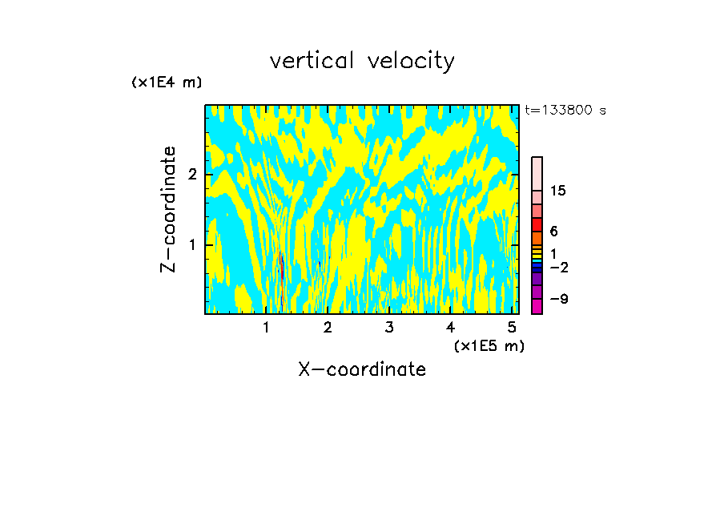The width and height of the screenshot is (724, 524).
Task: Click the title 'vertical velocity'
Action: tap(362, 61)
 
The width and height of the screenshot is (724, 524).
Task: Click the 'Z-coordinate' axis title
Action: tap(168, 209)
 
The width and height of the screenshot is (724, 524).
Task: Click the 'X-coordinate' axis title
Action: tap(362, 369)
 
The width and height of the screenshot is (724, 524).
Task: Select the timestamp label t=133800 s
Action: tap(565, 111)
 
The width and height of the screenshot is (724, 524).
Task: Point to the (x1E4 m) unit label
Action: tap(167, 82)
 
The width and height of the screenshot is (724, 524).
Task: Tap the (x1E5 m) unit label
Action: tap(489, 345)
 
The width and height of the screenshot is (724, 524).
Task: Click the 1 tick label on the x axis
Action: tap(266, 327)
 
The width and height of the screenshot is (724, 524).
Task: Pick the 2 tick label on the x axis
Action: tap(328, 327)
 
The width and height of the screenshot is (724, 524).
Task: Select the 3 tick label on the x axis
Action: tap(388, 327)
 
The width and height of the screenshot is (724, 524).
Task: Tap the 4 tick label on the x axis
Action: tap(450, 327)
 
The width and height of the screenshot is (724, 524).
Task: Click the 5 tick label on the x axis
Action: tap(511, 327)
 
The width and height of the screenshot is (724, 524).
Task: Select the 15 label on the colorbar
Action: tap(558, 191)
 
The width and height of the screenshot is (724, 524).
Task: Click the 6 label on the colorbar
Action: tap(553, 231)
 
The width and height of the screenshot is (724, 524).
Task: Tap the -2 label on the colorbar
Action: tap(558, 267)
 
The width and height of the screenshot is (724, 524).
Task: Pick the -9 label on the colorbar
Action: tap(558, 299)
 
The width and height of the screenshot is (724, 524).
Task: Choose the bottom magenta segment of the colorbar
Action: tap(537, 306)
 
